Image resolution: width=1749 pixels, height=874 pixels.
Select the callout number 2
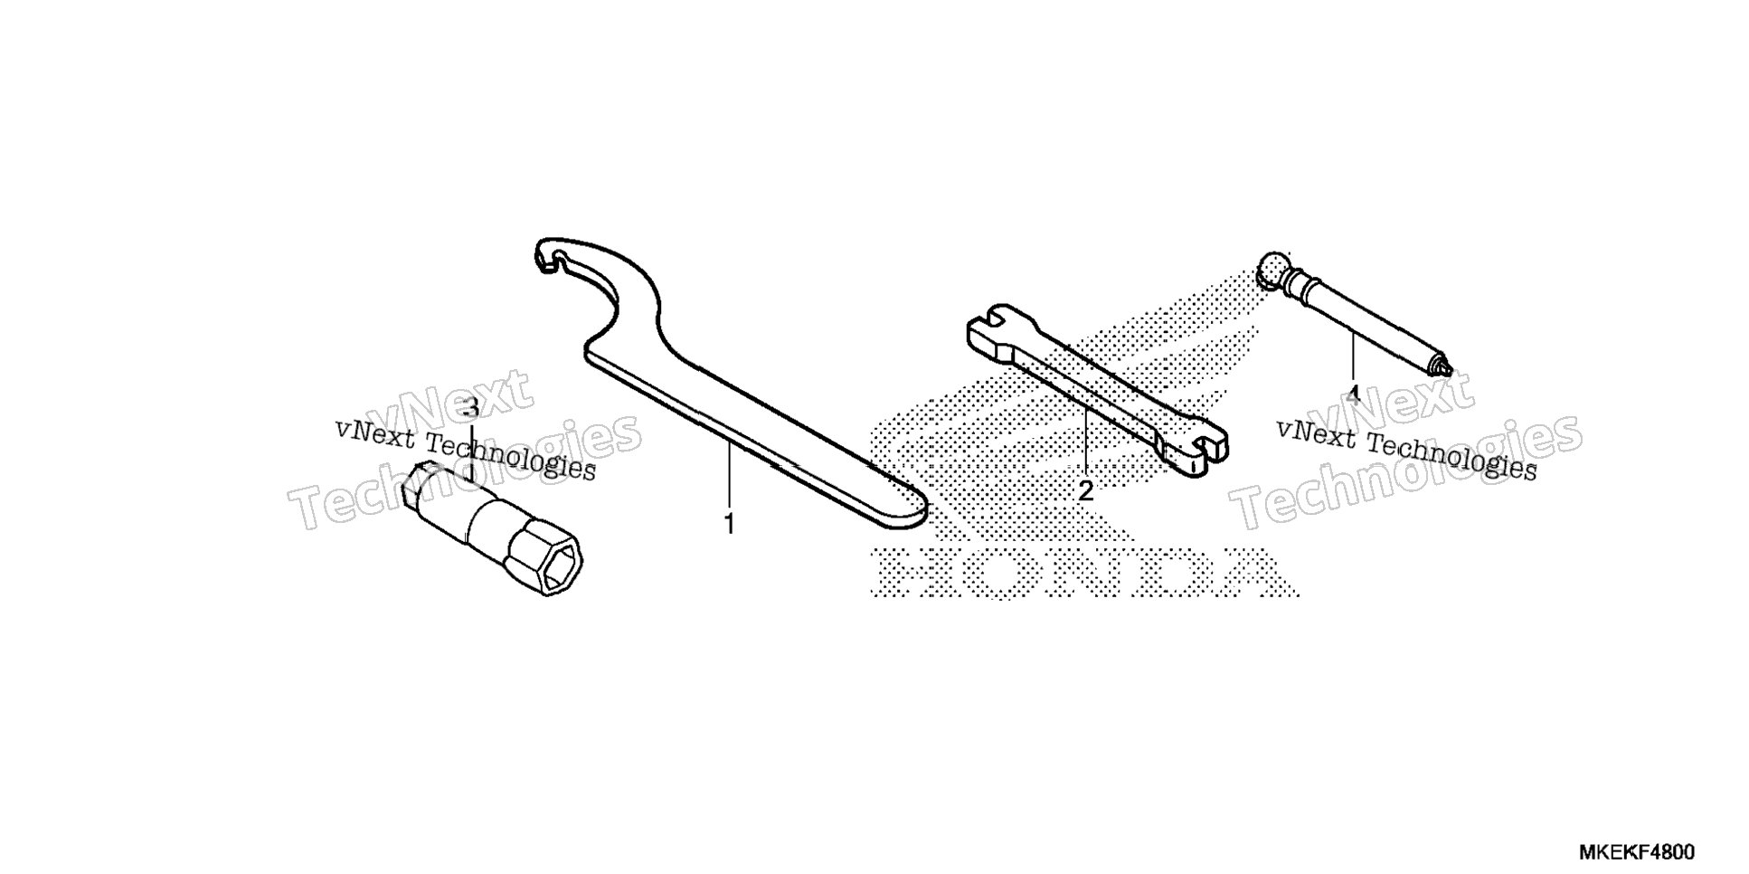1085,491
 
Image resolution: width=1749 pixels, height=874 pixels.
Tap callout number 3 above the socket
469,407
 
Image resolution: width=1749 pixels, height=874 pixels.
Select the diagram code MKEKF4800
1637,852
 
